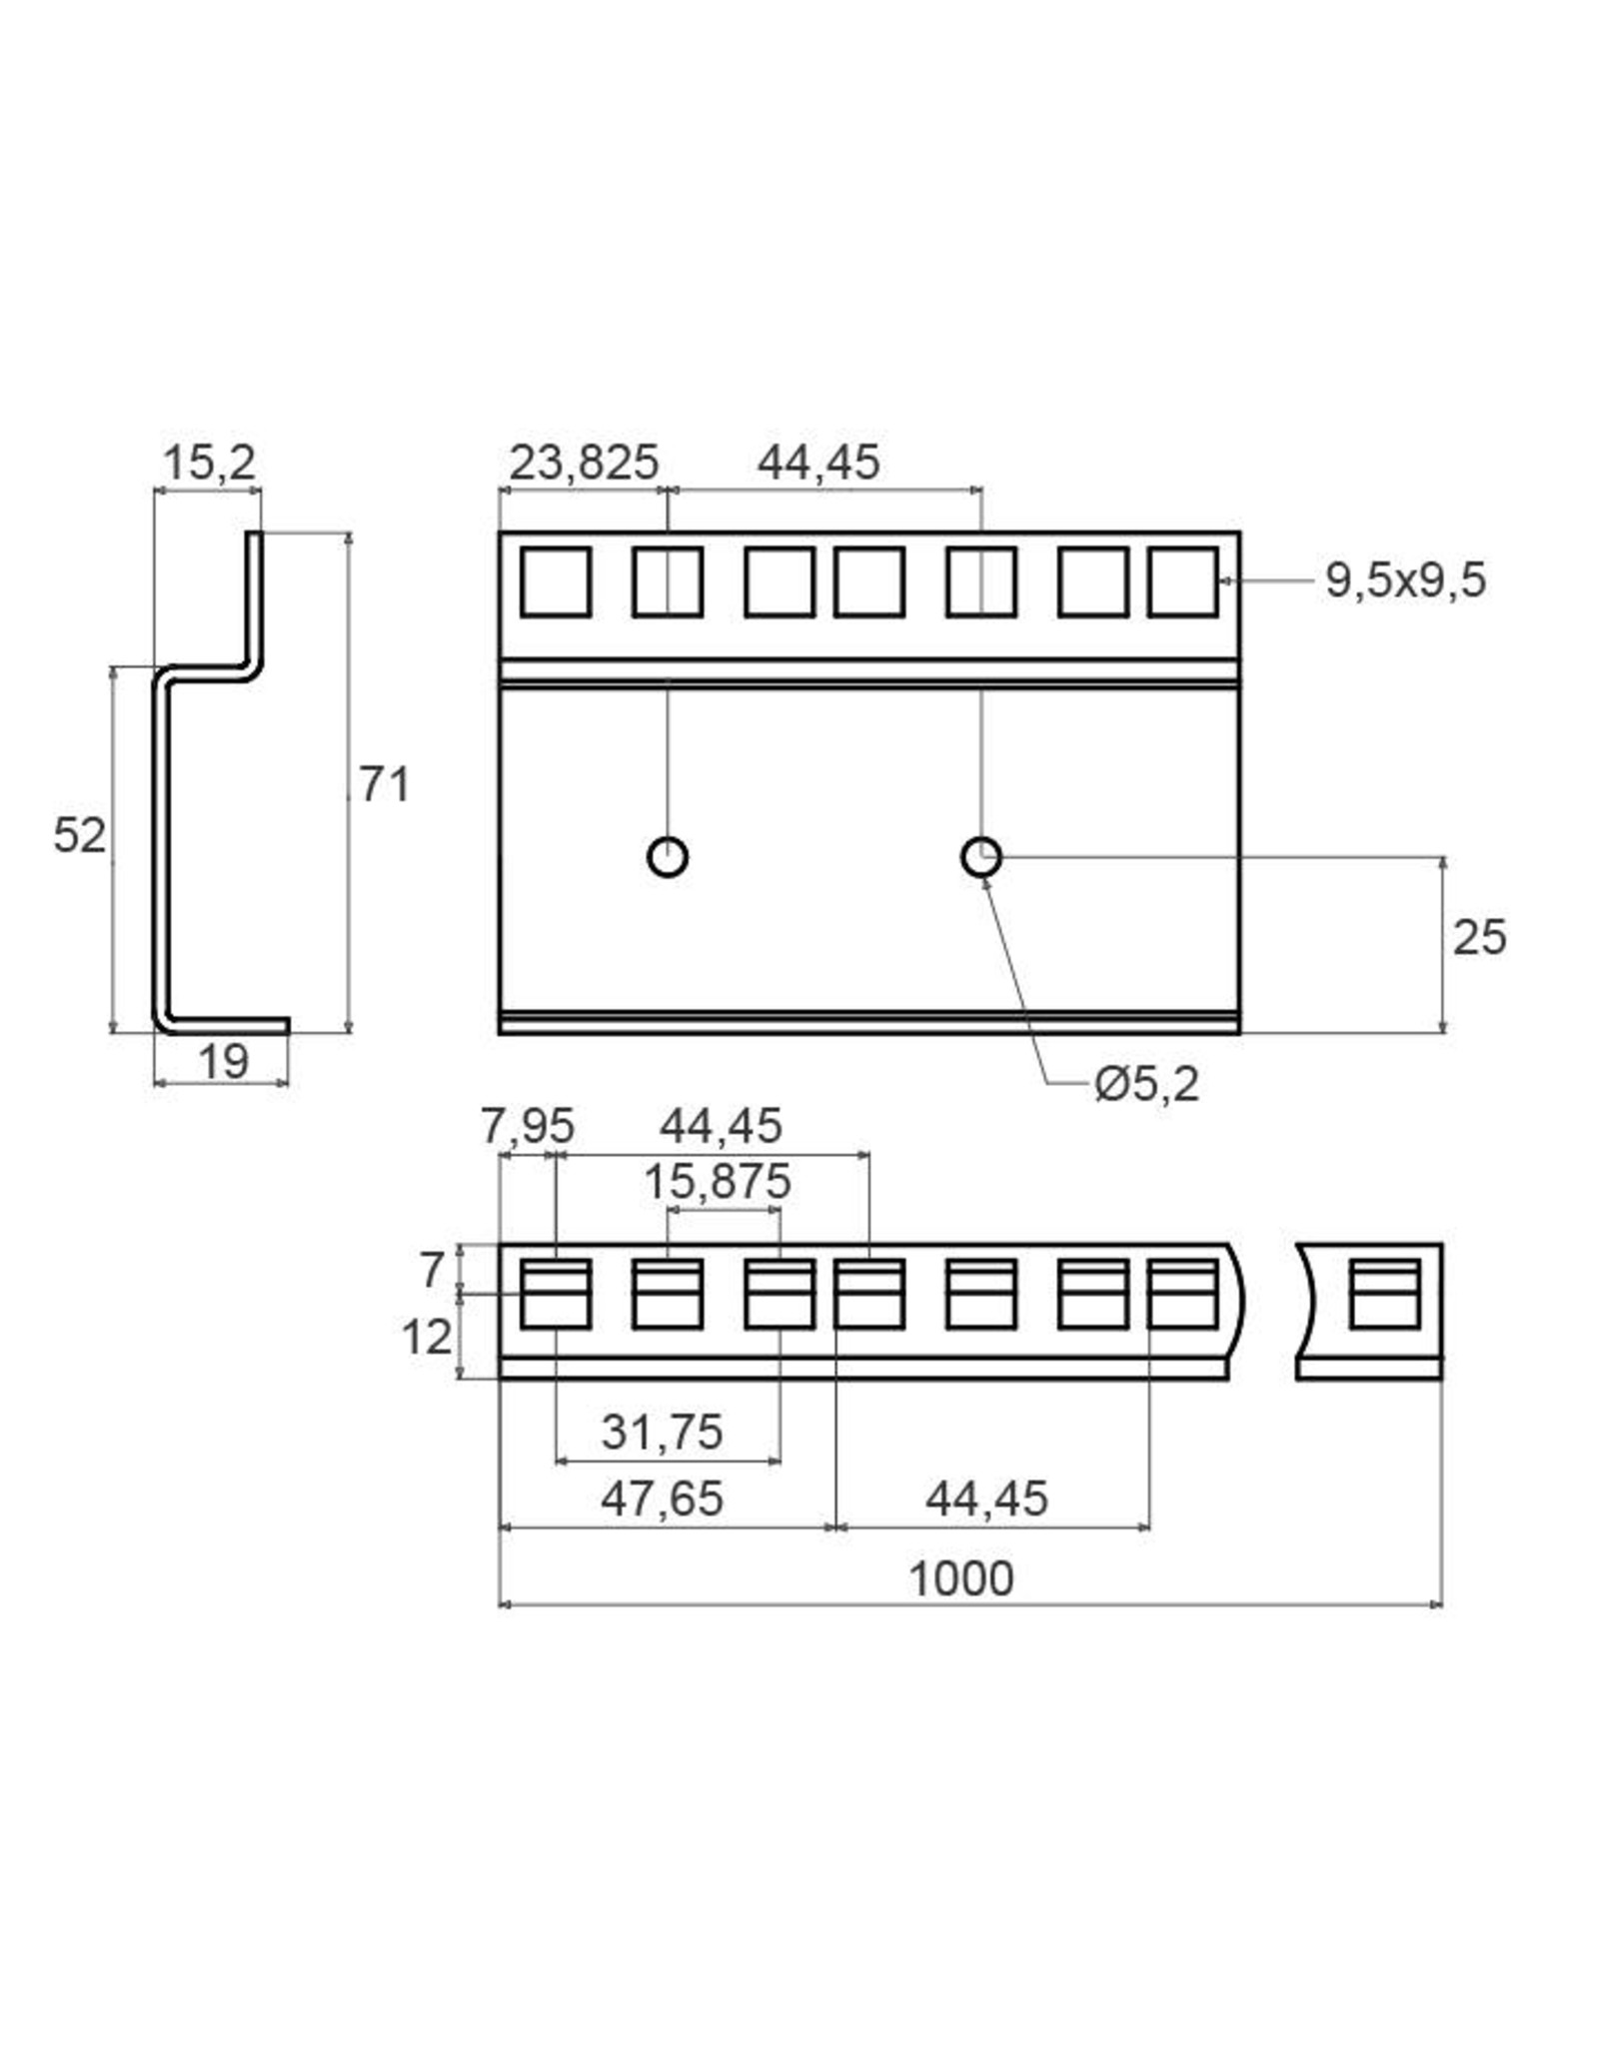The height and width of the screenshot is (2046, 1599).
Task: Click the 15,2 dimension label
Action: [209, 463]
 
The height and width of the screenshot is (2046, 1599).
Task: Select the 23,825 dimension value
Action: [584, 463]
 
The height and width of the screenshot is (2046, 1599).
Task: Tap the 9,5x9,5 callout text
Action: [1405, 580]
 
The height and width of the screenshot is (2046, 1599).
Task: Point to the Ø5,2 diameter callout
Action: [1147, 1084]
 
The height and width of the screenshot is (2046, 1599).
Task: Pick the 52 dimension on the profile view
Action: [79, 835]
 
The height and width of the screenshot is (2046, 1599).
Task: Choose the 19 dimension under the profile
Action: [223, 1062]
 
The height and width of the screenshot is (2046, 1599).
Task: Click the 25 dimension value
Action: [1478, 938]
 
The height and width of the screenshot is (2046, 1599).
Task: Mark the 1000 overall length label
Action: [960, 1578]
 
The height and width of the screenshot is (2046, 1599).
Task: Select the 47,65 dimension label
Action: [662, 1499]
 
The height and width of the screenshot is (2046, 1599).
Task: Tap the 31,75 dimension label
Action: [662, 1433]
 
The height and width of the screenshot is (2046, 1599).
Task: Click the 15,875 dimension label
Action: [717, 1183]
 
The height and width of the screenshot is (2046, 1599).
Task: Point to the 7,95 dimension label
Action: [528, 1127]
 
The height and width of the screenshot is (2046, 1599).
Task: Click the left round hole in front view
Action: [668, 857]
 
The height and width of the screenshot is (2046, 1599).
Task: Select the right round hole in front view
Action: [981, 857]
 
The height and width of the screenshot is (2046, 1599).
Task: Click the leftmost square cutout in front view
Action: [556, 580]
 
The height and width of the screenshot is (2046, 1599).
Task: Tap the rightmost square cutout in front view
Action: [1182, 580]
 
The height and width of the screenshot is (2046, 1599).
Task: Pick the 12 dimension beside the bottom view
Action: [427, 1337]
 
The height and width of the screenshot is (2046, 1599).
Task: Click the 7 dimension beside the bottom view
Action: [432, 1271]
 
